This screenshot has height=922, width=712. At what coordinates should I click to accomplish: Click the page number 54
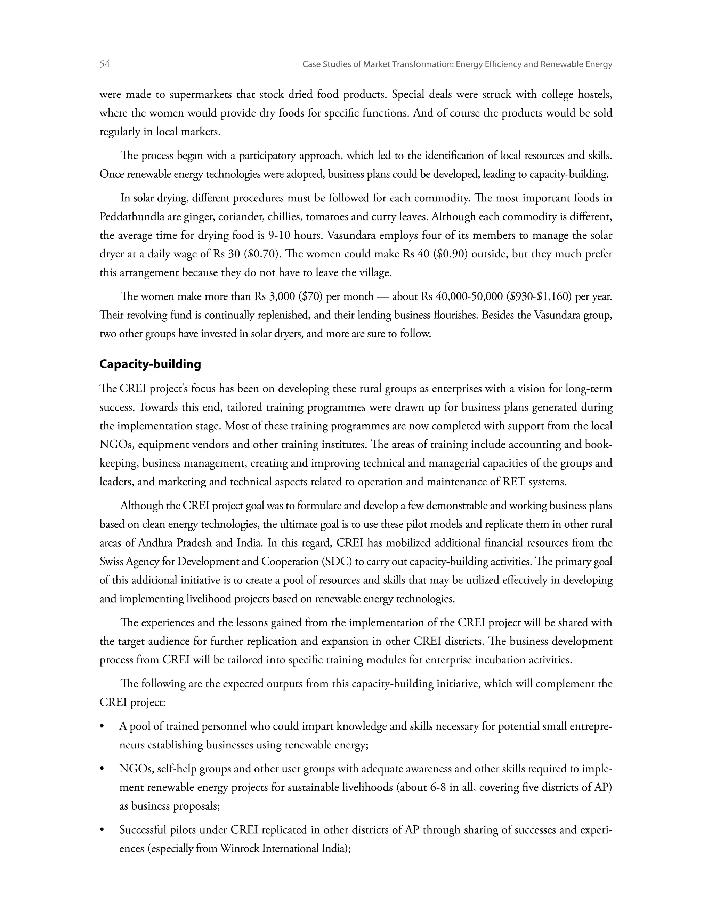(x=105, y=64)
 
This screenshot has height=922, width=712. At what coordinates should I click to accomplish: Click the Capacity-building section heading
(x=150, y=364)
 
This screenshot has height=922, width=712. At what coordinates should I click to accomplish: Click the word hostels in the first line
(x=595, y=95)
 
